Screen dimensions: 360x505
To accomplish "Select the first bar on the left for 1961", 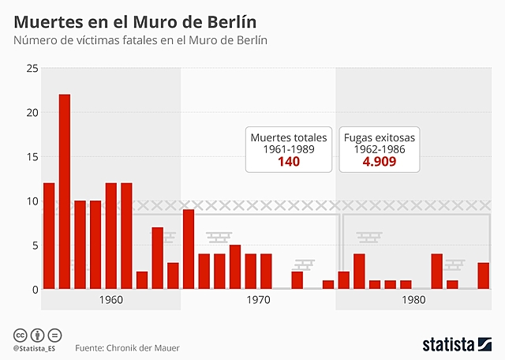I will coord(49,236).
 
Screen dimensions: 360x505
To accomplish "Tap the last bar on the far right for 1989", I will coord(483,276).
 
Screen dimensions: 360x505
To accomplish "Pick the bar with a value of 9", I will coord(189,249).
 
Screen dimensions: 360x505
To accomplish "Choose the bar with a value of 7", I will coord(158,258).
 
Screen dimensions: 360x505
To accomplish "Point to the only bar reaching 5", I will coord(235,267).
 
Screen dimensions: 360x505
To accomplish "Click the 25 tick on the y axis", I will coord(32,69).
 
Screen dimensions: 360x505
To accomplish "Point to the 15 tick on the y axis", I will coord(32,157).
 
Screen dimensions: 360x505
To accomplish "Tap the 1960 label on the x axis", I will coord(110,301).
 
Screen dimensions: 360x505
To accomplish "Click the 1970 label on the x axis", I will coord(258,301).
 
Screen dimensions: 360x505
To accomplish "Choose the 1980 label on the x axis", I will coord(413,301).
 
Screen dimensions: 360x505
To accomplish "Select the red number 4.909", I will coord(379,163).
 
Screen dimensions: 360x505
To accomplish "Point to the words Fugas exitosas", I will coord(380,137).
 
